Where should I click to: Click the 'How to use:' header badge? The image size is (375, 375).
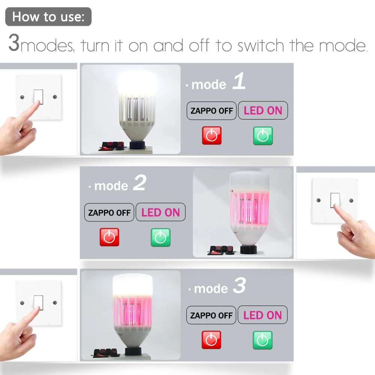point(48,16)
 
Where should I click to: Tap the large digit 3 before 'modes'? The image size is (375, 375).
point(14,43)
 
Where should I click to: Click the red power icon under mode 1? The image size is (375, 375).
point(211,136)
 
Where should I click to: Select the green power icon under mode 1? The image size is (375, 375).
point(263,136)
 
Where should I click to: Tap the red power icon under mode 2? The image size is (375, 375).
point(109,237)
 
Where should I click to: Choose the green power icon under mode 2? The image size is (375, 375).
point(160,237)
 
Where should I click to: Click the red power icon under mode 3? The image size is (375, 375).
point(211,340)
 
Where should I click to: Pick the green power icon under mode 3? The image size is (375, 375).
point(262,340)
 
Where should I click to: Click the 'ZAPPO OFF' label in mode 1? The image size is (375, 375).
point(211,111)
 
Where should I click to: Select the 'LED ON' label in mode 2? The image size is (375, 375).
point(160,212)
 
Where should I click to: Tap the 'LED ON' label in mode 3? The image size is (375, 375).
point(262,315)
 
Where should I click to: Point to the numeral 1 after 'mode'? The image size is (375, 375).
point(239,81)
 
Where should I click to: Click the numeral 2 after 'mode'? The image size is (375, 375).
point(140,183)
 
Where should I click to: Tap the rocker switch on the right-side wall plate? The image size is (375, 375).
point(335,200)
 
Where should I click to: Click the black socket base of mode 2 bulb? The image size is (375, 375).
point(249,249)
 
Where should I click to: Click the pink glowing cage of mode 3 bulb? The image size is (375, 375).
point(132,310)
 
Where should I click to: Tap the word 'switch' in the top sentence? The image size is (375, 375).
point(261,45)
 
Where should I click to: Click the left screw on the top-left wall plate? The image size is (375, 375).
point(22,97)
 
